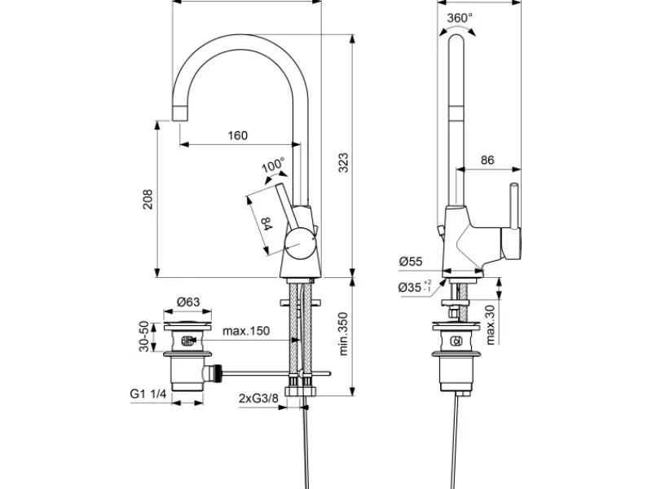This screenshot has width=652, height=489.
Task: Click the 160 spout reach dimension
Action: click(237, 135)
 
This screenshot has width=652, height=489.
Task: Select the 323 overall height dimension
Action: click(343, 162)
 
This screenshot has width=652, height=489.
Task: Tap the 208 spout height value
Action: click(148, 199)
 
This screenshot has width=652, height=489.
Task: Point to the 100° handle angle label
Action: click(273, 165)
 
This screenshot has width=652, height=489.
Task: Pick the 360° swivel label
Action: click(460, 18)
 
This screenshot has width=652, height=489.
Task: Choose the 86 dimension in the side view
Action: click(487, 160)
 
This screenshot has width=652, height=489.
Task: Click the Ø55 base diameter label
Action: click(411, 262)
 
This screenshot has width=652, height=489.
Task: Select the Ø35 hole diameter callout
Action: click(415, 287)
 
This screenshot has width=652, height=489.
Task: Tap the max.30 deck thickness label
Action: click(491, 324)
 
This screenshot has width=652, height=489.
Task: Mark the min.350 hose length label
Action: click(343, 334)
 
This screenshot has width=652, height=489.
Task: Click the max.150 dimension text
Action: click(246, 331)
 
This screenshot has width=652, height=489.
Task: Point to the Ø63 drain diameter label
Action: click(188, 302)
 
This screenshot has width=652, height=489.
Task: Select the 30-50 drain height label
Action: click(144, 337)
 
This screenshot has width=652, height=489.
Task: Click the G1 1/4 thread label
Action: click(148, 394)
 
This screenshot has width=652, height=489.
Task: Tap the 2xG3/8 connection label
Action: click(258, 398)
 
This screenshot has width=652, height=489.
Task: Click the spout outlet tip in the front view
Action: click(180, 113)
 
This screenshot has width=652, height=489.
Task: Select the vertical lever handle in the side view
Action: click(515, 206)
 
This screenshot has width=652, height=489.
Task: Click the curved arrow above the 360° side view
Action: click(456, 29)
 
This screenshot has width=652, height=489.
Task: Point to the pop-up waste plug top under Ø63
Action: click(187, 324)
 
